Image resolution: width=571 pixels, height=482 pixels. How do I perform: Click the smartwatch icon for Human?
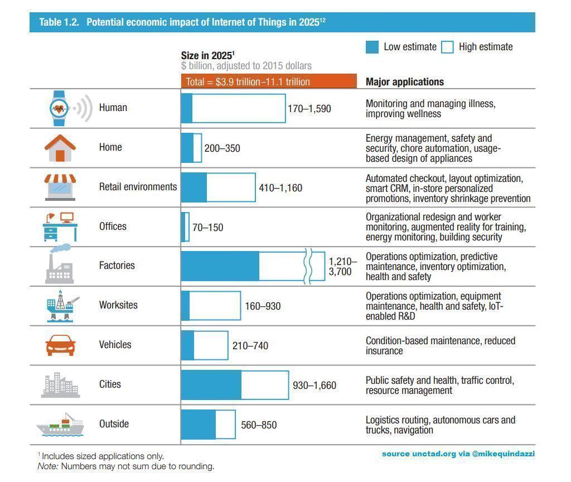tap(60, 108)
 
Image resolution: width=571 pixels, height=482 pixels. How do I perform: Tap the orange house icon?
tap(60, 147)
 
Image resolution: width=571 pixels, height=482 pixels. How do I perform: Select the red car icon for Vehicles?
tap(60, 345)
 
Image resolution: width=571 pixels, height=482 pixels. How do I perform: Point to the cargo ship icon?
tap(60, 425)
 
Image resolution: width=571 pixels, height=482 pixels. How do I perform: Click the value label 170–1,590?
tap(309, 108)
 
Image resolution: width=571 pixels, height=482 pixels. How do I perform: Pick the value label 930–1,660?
tap(314, 385)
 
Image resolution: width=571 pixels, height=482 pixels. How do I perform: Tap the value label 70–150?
tap(207, 227)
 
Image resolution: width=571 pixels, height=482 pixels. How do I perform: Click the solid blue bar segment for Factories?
tap(220, 266)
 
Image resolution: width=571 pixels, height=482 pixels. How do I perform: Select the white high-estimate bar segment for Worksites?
tap(215, 306)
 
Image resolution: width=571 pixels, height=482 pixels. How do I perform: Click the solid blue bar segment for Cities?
tap(211, 385)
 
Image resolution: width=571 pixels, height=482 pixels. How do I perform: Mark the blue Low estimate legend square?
tap(372, 47)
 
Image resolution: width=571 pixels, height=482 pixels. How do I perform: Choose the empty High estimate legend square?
tap(447, 47)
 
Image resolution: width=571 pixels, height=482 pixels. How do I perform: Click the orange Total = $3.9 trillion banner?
tap(268, 81)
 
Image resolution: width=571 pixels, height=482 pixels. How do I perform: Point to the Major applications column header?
tap(404, 81)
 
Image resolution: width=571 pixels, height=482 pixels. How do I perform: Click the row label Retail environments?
tap(138, 187)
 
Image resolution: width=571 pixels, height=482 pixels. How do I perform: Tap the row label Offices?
tap(113, 226)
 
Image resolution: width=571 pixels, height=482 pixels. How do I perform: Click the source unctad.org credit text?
tap(458, 454)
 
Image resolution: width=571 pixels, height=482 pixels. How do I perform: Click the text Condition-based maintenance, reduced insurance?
tap(440, 345)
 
